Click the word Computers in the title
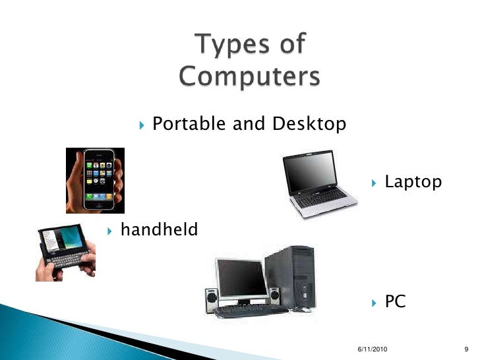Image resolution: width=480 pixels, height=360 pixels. (x=249, y=77)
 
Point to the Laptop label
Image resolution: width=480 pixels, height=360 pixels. (x=413, y=181)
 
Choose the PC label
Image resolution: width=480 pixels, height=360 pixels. (x=395, y=302)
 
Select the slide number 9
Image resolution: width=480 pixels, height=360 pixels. (x=467, y=347)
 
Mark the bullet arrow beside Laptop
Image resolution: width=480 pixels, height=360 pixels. (x=373, y=182)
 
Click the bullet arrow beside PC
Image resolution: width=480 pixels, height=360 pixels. (x=373, y=303)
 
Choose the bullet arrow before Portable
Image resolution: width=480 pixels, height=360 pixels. (x=142, y=124)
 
